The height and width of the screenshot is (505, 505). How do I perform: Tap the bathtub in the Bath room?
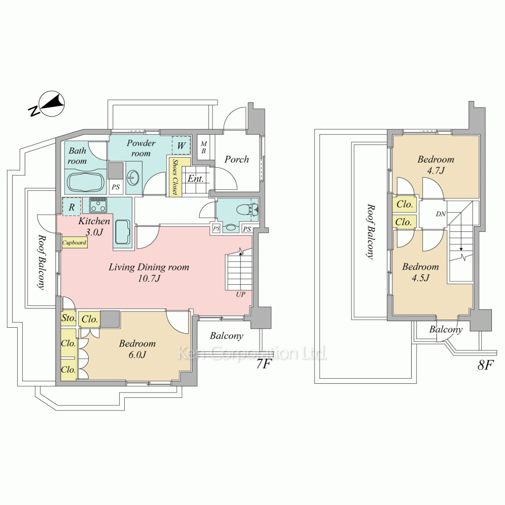pyautogui.click(x=85, y=183)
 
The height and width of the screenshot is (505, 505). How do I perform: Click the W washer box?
pyautogui.click(x=181, y=145)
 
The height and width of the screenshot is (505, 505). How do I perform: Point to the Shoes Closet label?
pyautogui.click(x=175, y=177)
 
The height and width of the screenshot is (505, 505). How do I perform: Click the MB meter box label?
pyautogui.click(x=204, y=147)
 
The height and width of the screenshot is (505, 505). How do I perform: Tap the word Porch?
pyautogui.click(x=237, y=159)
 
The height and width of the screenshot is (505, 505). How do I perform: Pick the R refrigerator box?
pyautogui.click(x=72, y=207)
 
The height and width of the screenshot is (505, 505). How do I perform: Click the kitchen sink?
pyautogui.click(x=122, y=232)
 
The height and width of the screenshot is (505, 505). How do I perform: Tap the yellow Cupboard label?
pyautogui.click(x=74, y=242)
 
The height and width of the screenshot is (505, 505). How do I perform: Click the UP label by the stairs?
pyautogui.click(x=240, y=294)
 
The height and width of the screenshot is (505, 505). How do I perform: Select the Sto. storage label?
pyautogui.click(x=69, y=318)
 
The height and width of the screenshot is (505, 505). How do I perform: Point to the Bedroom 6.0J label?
pyautogui.click(x=137, y=349)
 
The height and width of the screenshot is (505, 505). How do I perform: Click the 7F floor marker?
pyautogui.click(x=263, y=364)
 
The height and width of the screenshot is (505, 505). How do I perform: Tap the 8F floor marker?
pyautogui.click(x=485, y=365)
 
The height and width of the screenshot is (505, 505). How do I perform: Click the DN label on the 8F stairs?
pyautogui.click(x=441, y=214)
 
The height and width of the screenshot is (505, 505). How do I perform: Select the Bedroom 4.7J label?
pyautogui.click(x=436, y=165)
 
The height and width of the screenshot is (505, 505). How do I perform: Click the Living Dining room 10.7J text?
pyautogui.click(x=149, y=273)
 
